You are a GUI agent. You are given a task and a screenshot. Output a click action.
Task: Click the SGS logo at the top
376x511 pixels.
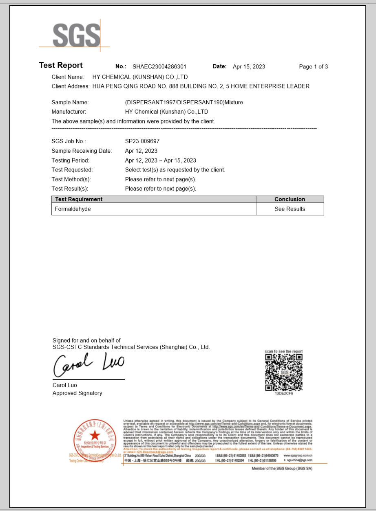pyautogui.click(x=76, y=35)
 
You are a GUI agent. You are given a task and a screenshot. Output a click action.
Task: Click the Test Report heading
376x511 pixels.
pyautogui.click(x=61, y=66)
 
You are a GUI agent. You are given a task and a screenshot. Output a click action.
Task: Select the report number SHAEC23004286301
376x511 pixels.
pyautogui.click(x=159, y=67)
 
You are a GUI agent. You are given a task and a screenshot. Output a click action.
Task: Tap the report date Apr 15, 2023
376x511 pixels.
pyautogui.click(x=249, y=67)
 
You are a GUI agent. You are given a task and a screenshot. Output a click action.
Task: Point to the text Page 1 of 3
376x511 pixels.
pyautogui.click(x=313, y=67)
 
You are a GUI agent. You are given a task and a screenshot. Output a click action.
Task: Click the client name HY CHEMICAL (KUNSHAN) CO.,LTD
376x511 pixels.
pyautogui.click(x=140, y=77)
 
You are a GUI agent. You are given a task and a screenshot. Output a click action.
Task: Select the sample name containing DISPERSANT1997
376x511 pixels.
pyautogui.click(x=184, y=102)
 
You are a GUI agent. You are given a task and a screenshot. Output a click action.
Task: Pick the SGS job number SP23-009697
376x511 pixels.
pyautogui.click(x=142, y=141)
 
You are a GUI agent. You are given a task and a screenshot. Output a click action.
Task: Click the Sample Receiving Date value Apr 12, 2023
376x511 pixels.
pyautogui.click(x=141, y=151)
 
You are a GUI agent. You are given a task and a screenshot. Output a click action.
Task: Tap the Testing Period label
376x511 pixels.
pyautogui.click(x=71, y=160)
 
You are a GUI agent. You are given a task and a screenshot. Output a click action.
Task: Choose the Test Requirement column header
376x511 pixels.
pyautogui.click(x=79, y=199)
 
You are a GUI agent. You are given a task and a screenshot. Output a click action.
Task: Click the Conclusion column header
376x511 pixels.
pyautogui.click(x=290, y=199)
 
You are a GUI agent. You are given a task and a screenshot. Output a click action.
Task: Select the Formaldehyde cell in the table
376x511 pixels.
pyautogui.click(x=73, y=209)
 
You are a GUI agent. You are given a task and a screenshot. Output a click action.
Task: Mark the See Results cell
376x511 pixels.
pyautogui.click(x=290, y=209)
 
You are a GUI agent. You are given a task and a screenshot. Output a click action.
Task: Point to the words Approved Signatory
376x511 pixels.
pyautogui.click(x=77, y=393)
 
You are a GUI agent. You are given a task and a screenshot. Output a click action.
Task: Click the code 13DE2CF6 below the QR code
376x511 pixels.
pyautogui.click(x=284, y=394)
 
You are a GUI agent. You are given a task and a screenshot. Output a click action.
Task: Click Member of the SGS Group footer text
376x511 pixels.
pyautogui.click(x=282, y=469)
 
